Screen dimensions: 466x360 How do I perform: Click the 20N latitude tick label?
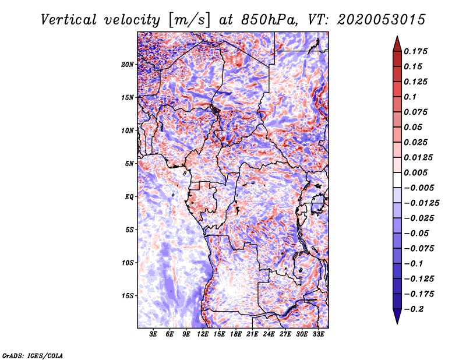click(128, 65)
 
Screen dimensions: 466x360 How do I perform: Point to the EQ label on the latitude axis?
click(129, 197)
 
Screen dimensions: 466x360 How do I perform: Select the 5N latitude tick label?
click(129, 164)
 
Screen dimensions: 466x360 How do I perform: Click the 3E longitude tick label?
click(153, 334)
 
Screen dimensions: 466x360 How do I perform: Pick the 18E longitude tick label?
click(235, 334)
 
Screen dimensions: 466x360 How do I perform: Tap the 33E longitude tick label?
click(318, 334)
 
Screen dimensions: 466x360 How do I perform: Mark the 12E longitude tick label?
click(202, 334)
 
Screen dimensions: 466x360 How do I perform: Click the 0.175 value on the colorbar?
click(415, 51)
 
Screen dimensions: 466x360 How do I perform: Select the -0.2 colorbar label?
click(414, 309)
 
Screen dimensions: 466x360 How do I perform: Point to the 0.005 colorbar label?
click(415, 172)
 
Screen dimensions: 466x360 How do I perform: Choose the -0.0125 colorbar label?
click(421, 203)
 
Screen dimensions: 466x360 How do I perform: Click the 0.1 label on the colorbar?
click(410, 97)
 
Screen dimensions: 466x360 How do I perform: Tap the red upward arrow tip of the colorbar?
click(397, 36)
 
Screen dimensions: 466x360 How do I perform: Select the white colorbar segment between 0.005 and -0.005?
click(397, 180)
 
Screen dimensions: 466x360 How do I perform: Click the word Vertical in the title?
click(69, 20)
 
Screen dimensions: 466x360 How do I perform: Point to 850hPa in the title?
click(269, 20)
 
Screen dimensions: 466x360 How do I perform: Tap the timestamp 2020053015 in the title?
click(382, 20)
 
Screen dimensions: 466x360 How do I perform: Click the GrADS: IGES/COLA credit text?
click(33, 356)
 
